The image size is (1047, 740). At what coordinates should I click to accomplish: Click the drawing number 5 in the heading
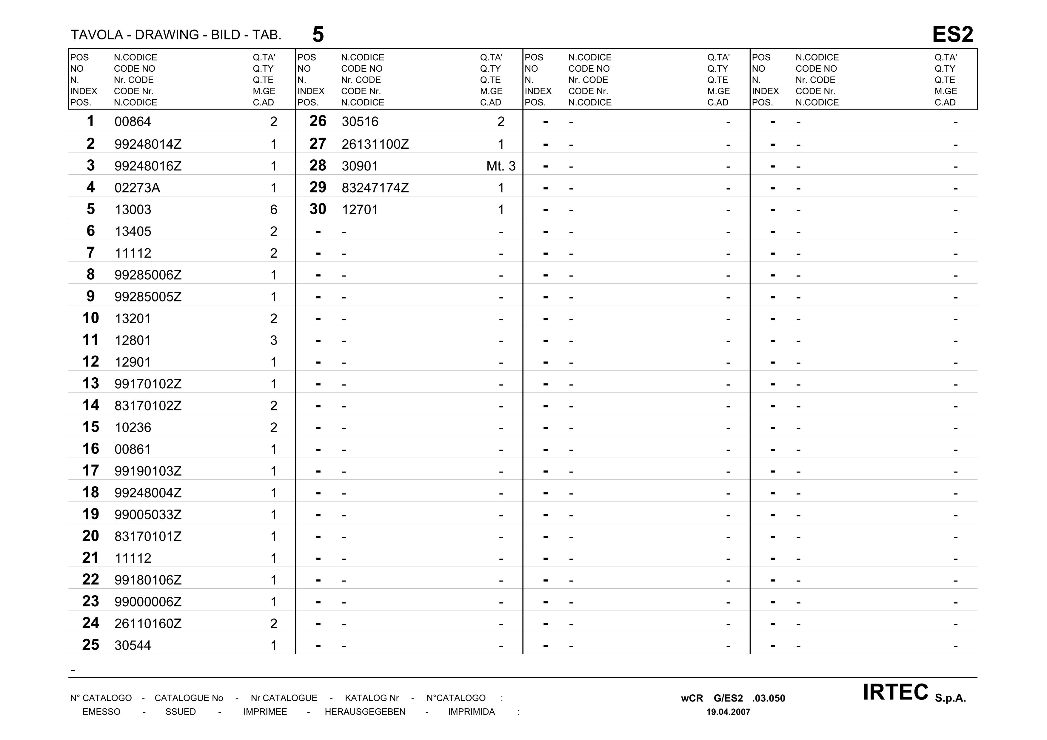[318, 35]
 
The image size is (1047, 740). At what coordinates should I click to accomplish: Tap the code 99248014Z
[148, 144]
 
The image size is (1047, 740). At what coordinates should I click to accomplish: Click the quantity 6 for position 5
[274, 210]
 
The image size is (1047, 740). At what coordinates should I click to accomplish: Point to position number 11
[90, 340]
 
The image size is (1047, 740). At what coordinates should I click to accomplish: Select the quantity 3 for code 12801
[274, 341]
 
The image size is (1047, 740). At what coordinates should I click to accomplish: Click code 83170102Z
[148, 406]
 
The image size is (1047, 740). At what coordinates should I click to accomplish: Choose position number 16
[90, 449]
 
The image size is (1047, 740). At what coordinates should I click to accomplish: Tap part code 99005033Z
[148, 515]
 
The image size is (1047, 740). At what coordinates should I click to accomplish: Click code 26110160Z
[148, 624]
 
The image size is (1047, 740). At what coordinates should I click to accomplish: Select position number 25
[90, 645]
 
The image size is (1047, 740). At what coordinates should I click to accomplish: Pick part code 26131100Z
[375, 144]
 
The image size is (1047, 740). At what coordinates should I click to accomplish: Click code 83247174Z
[375, 188]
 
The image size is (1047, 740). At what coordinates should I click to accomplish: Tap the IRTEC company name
[895, 693]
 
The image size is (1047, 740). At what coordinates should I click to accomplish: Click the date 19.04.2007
[728, 712]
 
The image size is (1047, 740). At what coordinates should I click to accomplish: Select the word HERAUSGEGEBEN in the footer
[365, 712]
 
